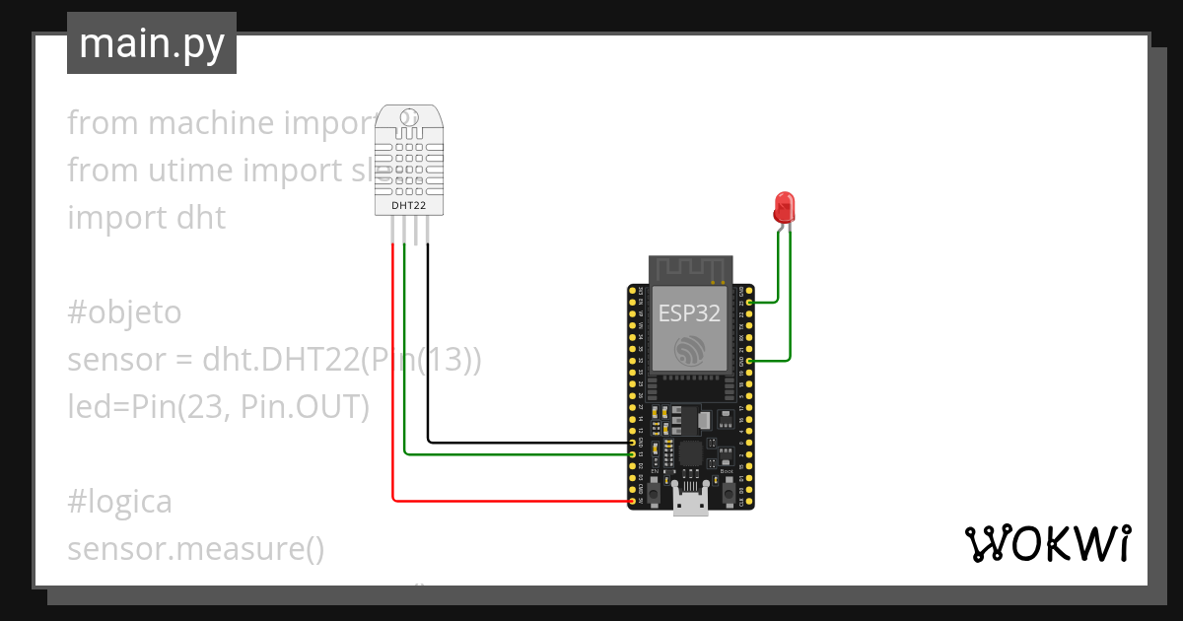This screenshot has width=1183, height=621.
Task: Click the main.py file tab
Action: click(151, 43)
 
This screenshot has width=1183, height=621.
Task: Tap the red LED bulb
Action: click(785, 207)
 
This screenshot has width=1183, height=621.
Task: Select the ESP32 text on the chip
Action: click(690, 313)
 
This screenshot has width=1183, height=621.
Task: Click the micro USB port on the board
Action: click(690, 501)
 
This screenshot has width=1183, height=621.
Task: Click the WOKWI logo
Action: click(1047, 544)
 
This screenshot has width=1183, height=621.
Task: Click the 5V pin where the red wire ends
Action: click(632, 502)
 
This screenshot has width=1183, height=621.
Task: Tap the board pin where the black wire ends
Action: click(632, 443)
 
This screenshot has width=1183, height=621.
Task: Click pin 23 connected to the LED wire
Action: click(750, 303)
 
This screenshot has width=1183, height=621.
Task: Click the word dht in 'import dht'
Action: click(200, 217)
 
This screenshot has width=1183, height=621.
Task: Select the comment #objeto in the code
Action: click(124, 312)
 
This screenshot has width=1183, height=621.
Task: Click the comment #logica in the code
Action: click(119, 502)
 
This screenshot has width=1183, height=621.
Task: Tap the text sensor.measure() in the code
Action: click(195, 549)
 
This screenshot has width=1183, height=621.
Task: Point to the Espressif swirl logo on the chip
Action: click(689, 350)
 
